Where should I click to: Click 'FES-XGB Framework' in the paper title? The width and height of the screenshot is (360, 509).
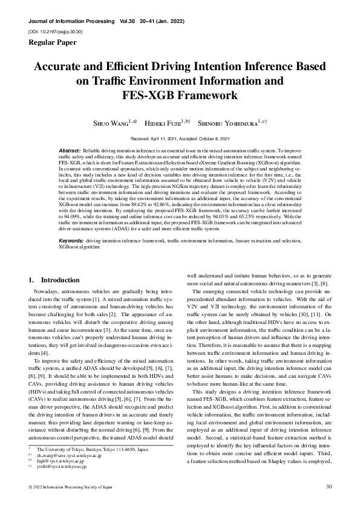(x=180, y=95)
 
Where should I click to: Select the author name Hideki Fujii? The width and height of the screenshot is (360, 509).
(x=168, y=123)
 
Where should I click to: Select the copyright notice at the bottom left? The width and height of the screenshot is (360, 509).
(x=67, y=487)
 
